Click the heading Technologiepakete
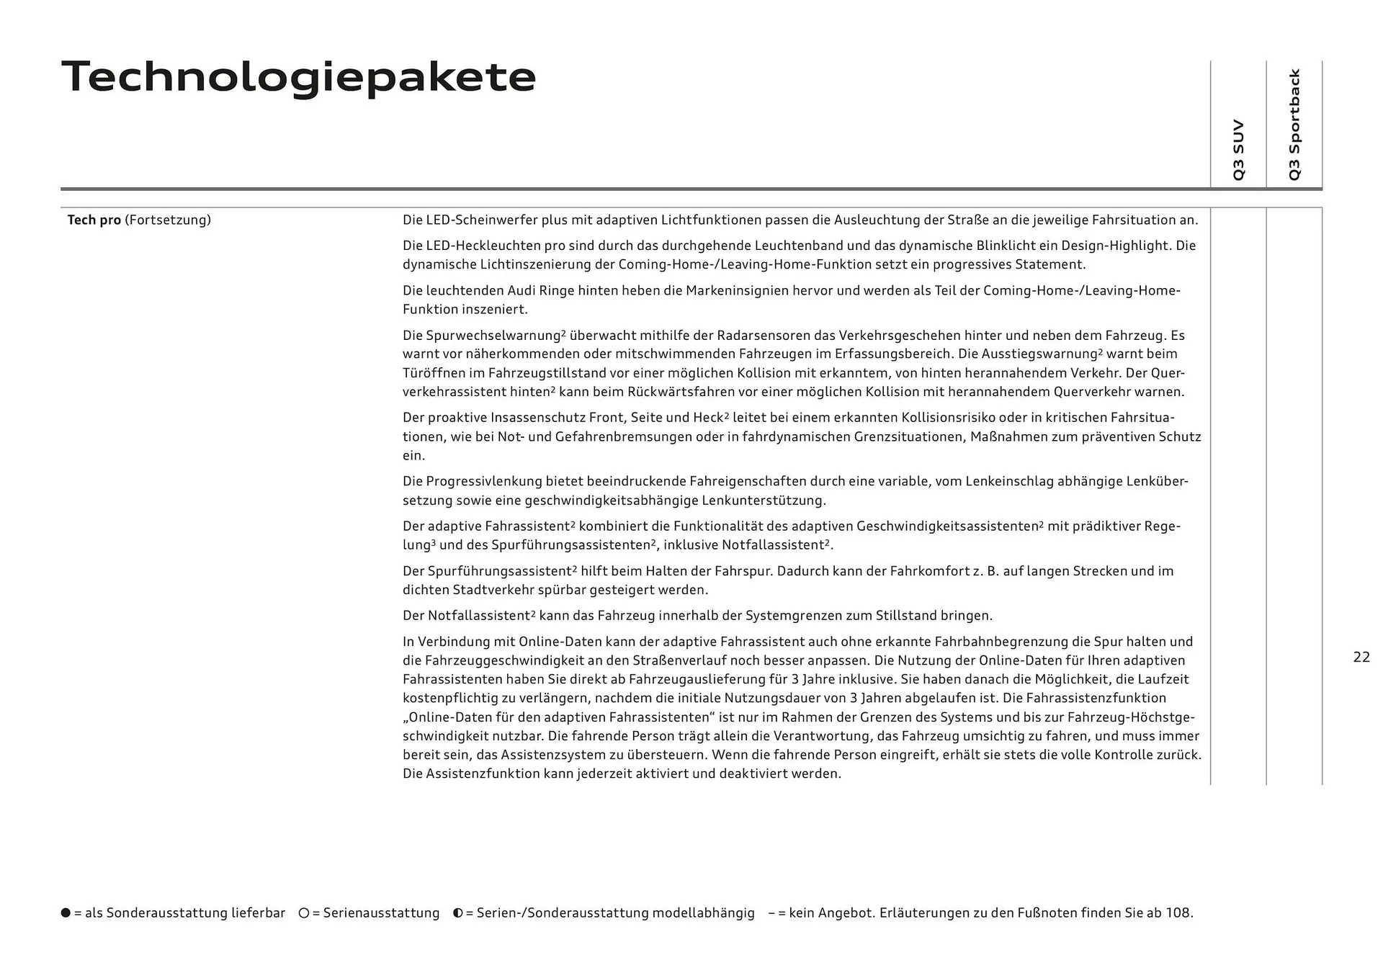299,77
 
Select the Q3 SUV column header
1238,150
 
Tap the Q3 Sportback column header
1294,125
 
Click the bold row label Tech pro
94,220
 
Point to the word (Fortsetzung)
168,220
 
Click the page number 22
1361,657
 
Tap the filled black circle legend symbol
66,913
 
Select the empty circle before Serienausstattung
304,913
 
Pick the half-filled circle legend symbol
457,913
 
